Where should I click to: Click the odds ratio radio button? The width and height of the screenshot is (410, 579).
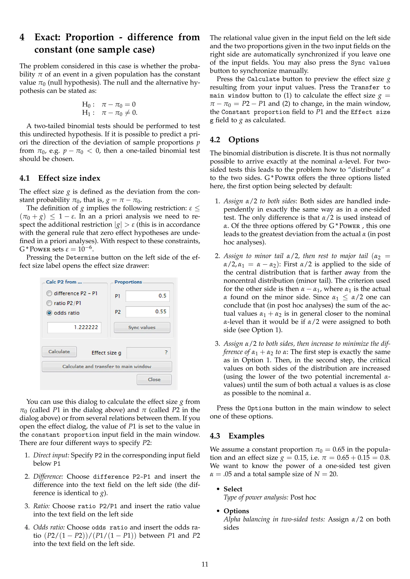coord(49,313)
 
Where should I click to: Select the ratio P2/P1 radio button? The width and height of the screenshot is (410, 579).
coord(49,303)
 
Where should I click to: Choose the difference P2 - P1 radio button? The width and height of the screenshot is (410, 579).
coord(49,293)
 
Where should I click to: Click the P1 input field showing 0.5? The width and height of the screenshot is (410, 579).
coord(147,296)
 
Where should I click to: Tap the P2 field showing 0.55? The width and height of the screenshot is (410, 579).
coord(147,312)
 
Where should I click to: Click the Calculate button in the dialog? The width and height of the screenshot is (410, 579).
coord(59,351)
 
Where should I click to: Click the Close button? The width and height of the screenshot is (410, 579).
coord(154,379)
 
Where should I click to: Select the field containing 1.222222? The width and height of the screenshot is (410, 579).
coord(74,327)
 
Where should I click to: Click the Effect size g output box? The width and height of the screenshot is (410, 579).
coord(149,352)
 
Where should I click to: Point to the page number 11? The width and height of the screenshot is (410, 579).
coord(205,564)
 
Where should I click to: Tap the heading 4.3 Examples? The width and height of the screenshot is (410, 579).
coord(237,436)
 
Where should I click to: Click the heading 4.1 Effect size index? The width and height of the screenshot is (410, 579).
coord(60,178)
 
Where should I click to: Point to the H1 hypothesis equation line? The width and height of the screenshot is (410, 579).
coord(110,113)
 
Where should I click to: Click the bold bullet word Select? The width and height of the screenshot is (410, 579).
coord(233,489)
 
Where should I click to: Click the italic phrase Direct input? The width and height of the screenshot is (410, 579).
coord(51,455)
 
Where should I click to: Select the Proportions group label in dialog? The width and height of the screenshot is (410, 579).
coord(128,282)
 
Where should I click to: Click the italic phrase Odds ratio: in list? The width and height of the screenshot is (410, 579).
coord(49,527)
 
